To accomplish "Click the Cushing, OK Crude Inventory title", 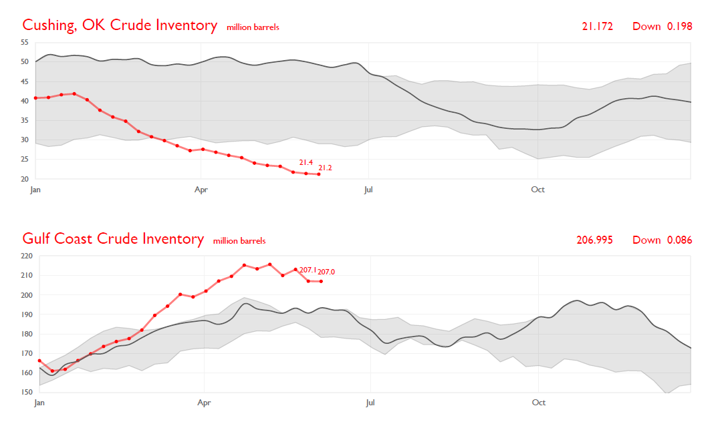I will tap(120, 26).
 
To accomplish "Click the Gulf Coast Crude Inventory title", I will tap(113, 239).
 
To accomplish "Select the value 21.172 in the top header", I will tap(597, 27).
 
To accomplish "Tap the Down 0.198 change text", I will tap(662, 27).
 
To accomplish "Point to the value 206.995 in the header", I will tap(594, 240).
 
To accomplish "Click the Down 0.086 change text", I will tap(662, 240).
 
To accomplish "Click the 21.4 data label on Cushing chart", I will tap(306, 162).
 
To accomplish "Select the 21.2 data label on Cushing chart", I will tap(325, 168).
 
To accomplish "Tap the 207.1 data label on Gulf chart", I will tap(308, 270).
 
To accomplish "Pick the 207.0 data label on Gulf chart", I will tap(326, 272).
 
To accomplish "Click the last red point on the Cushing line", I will tap(319, 174).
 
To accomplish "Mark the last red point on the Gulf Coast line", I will tap(321, 281).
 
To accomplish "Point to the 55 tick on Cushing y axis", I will tap(25, 42).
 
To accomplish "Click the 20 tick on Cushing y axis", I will tap(25, 179).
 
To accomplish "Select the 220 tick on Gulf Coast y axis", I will tap(27, 256).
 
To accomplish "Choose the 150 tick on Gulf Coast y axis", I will tap(27, 393).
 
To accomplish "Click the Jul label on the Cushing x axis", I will tap(368, 190).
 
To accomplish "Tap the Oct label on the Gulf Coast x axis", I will tap(538, 403).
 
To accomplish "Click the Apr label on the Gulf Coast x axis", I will tap(204, 403).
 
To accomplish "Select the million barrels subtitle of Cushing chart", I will tap(253, 27).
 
